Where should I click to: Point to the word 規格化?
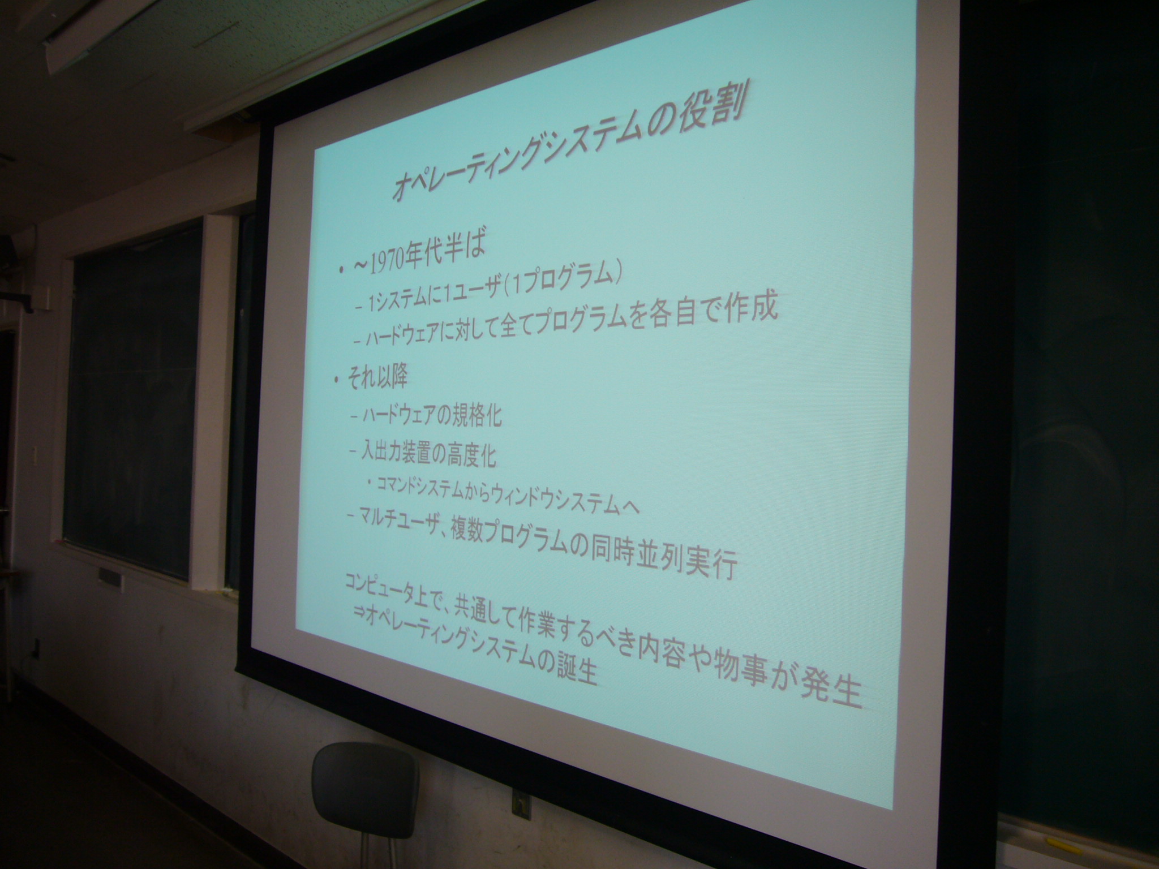click(x=474, y=416)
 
